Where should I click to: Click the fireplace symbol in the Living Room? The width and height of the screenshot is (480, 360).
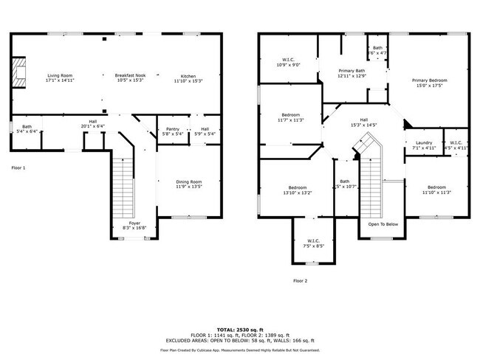pyautogui.click(x=21, y=72)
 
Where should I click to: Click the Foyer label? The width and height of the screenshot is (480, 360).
pyautogui.click(x=134, y=224)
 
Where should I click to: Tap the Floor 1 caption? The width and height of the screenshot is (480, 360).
pyautogui.click(x=18, y=168)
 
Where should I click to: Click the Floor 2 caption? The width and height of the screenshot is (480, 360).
pyautogui.click(x=300, y=280)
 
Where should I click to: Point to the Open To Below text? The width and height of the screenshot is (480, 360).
pyautogui.click(x=383, y=224)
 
